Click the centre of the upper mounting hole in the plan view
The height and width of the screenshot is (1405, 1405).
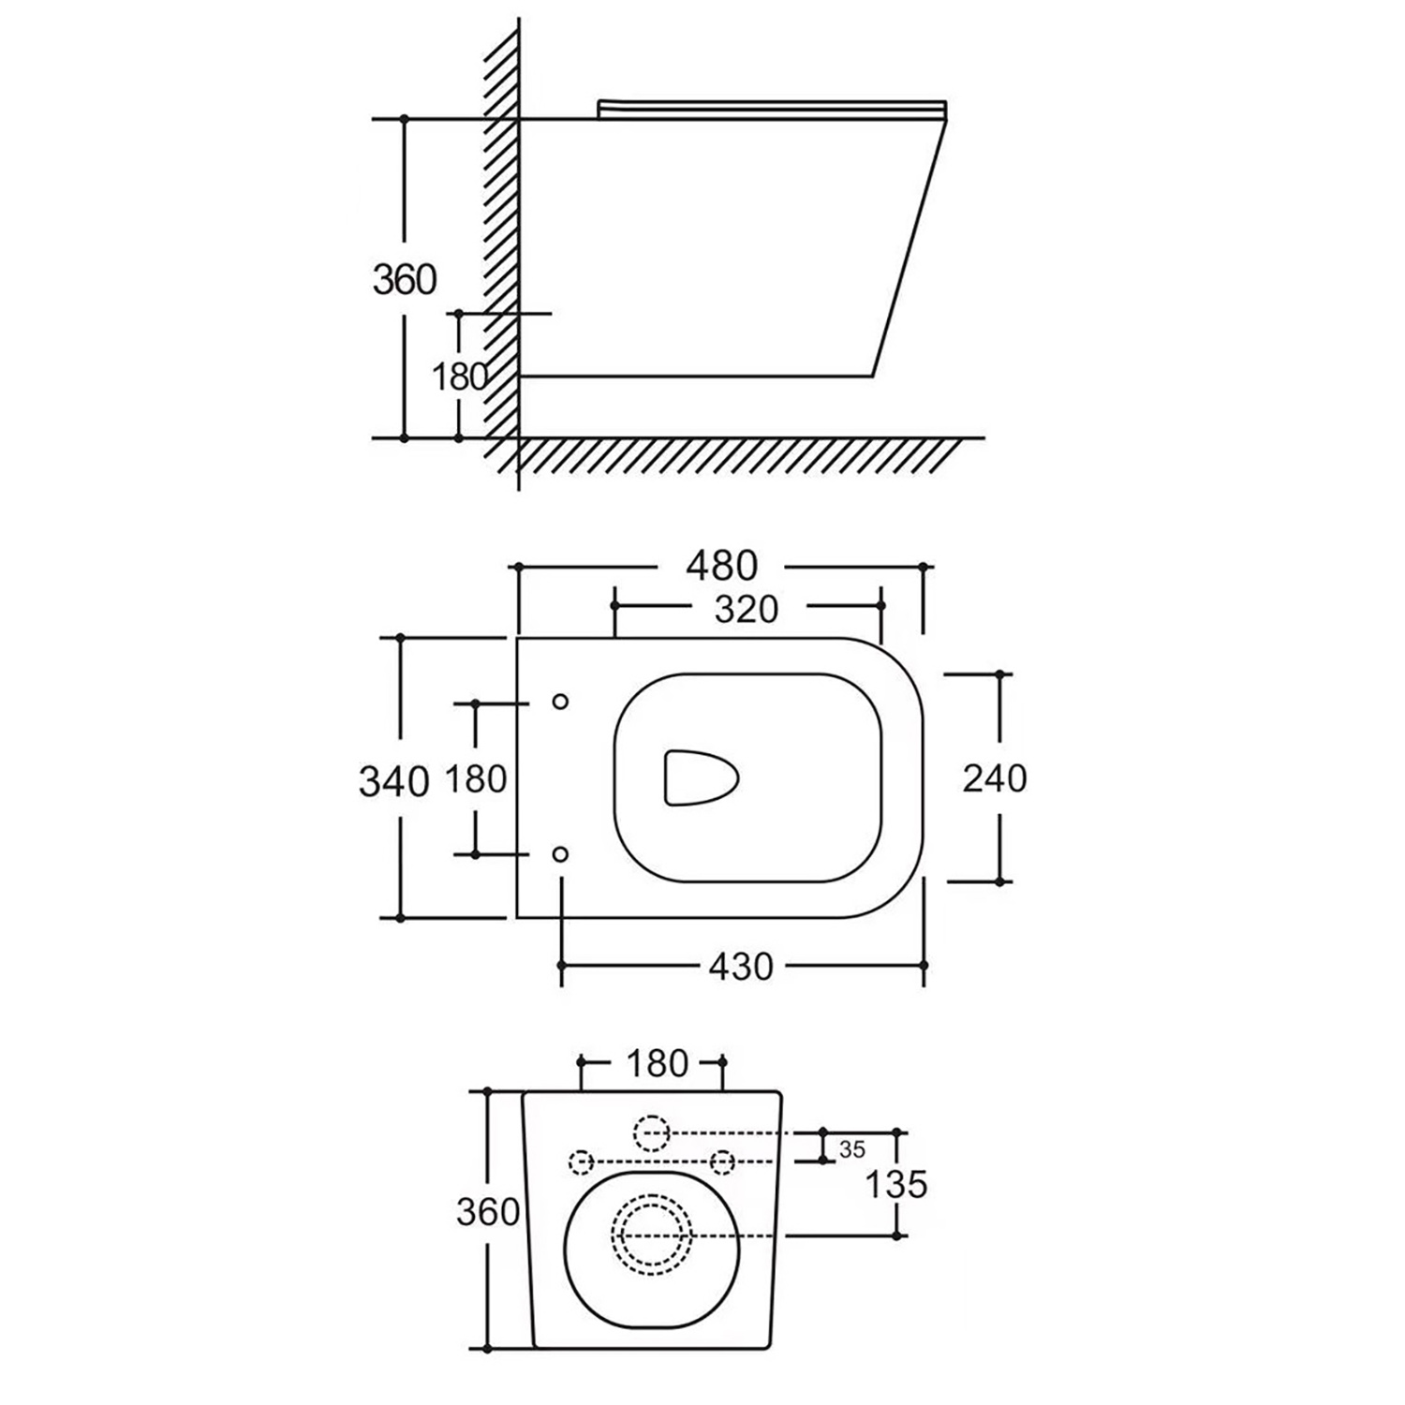click(560, 702)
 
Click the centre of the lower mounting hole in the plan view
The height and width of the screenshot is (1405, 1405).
click(560, 853)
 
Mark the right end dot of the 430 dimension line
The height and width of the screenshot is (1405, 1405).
click(924, 965)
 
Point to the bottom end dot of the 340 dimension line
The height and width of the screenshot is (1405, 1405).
click(400, 918)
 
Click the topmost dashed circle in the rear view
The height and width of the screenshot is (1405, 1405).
click(653, 1133)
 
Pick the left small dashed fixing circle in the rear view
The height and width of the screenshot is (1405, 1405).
click(582, 1161)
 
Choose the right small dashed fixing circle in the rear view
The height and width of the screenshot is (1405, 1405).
click(722, 1161)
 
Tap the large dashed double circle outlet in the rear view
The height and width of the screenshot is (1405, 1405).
click(652, 1235)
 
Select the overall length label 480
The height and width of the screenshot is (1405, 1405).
click(721, 566)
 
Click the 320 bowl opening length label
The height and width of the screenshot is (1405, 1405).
click(747, 609)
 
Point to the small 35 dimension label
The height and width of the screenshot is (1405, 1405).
click(852, 1149)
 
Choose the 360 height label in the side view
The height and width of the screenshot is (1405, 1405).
click(406, 279)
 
